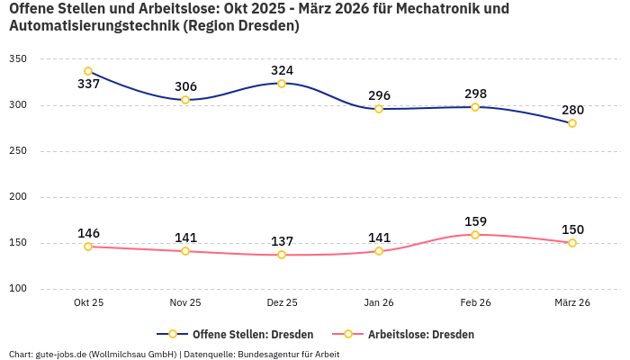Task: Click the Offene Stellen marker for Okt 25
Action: click(88, 71)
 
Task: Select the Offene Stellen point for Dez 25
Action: click(282, 84)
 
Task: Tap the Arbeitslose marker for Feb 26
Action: click(475, 235)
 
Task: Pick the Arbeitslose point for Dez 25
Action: click(282, 255)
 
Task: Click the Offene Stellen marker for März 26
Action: click(572, 123)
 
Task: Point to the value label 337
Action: click(88, 85)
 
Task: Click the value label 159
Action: click(475, 221)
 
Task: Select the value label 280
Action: click(572, 110)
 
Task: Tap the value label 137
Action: click(282, 241)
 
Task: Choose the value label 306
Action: click(185, 86)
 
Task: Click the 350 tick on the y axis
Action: click(18, 59)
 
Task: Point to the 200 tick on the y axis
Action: click(18, 197)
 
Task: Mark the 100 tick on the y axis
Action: click(18, 289)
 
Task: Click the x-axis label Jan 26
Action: click(379, 303)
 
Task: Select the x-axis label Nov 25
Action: click(185, 303)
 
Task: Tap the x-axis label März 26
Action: click(572, 303)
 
